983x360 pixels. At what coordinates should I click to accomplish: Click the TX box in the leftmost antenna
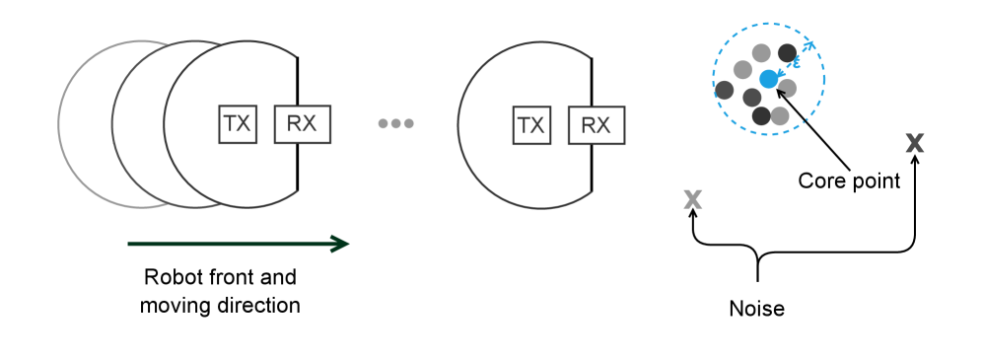coord(238,124)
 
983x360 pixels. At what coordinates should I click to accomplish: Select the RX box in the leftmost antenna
coord(302,124)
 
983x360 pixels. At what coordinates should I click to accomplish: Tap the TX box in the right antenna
coord(531,125)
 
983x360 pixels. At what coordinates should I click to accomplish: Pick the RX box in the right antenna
coord(596,125)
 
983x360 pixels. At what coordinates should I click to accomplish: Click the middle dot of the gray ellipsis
coord(396,123)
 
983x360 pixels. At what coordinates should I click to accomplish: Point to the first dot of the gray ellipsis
coord(384,123)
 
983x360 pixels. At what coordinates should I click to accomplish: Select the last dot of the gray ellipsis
coord(409,123)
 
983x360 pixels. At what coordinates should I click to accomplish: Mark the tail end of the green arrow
coord(129,244)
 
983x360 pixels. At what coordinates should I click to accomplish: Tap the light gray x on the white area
coord(693,200)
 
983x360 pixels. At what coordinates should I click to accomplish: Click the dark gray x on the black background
coord(915,144)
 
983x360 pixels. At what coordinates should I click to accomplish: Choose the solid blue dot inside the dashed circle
coord(768,79)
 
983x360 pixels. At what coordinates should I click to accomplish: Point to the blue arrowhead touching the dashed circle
coord(808,45)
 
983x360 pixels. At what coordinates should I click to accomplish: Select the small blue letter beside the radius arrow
coord(796,63)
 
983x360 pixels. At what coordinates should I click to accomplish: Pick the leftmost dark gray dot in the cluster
coord(725,91)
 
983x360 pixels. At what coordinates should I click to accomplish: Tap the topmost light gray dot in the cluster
coord(761,53)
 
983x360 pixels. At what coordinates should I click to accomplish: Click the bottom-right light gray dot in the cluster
coord(780,116)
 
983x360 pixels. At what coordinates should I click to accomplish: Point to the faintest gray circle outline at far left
coord(61,124)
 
